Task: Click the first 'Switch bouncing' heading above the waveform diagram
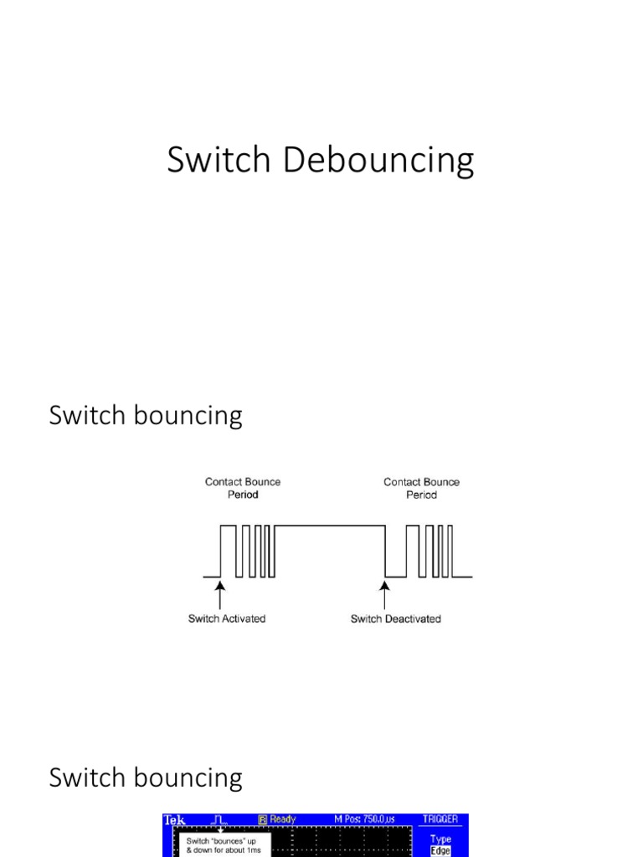[x=146, y=416]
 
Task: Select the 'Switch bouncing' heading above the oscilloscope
[x=146, y=777]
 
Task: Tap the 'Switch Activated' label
[x=226, y=618]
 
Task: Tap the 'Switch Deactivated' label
[x=395, y=618]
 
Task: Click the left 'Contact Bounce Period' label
[x=243, y=488]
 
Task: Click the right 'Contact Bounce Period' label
[x=421, y=488]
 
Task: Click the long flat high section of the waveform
[x=329, y=526]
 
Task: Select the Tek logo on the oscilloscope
[x=175, y=820]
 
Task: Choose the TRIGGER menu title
[x=440, y=820]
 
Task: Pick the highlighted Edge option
[x=440, y=850]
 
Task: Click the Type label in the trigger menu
[x=440, y=839]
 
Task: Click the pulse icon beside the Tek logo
[x=222, y=820]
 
